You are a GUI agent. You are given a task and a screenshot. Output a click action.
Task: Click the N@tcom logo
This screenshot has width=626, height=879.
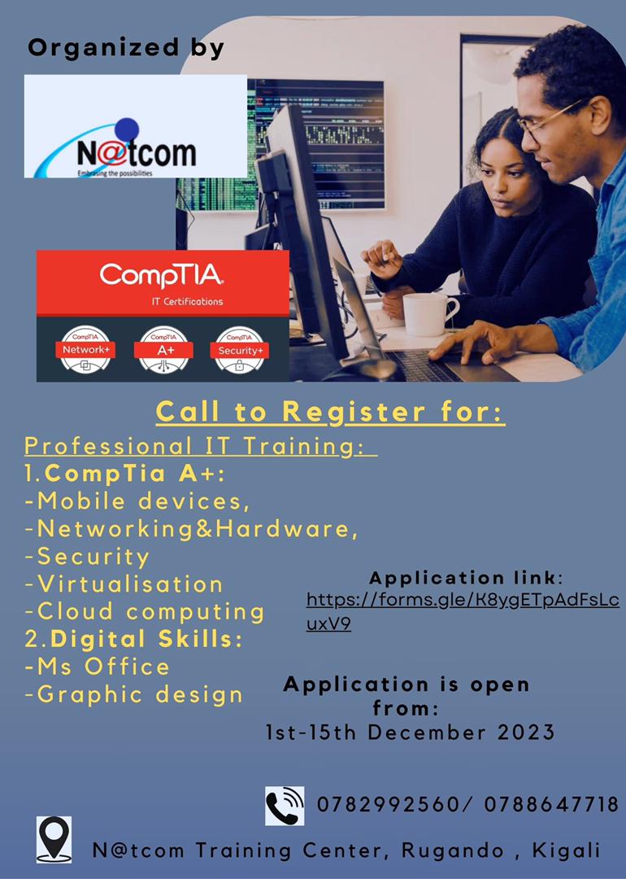click(x=135, y=127)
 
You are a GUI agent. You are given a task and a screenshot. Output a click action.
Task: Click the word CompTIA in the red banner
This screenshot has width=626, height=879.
click(x=162, y=276)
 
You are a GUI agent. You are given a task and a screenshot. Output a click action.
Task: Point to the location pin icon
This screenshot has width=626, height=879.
click(x=54, y=839)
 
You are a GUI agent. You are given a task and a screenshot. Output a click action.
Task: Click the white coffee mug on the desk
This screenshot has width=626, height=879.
click(x=428, y=313)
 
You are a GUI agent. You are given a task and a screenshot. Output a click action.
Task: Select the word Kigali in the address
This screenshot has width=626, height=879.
click(x=566, y=851)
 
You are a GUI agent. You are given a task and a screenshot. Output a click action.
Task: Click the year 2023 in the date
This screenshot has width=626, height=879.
click(x=522, y=732)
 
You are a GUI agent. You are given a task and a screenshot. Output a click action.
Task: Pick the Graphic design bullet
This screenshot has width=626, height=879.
click(x=134, y=694)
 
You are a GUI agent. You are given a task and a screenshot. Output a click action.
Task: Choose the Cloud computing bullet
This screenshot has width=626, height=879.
click(x=145, y=611)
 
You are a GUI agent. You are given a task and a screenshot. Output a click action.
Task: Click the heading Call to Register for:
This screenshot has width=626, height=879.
click(x=330, y=412)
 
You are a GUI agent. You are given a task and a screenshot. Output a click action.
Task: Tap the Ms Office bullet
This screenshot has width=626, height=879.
click(x=98, y=667)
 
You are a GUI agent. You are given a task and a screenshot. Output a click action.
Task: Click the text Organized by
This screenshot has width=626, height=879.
click(x=126, y=48)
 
